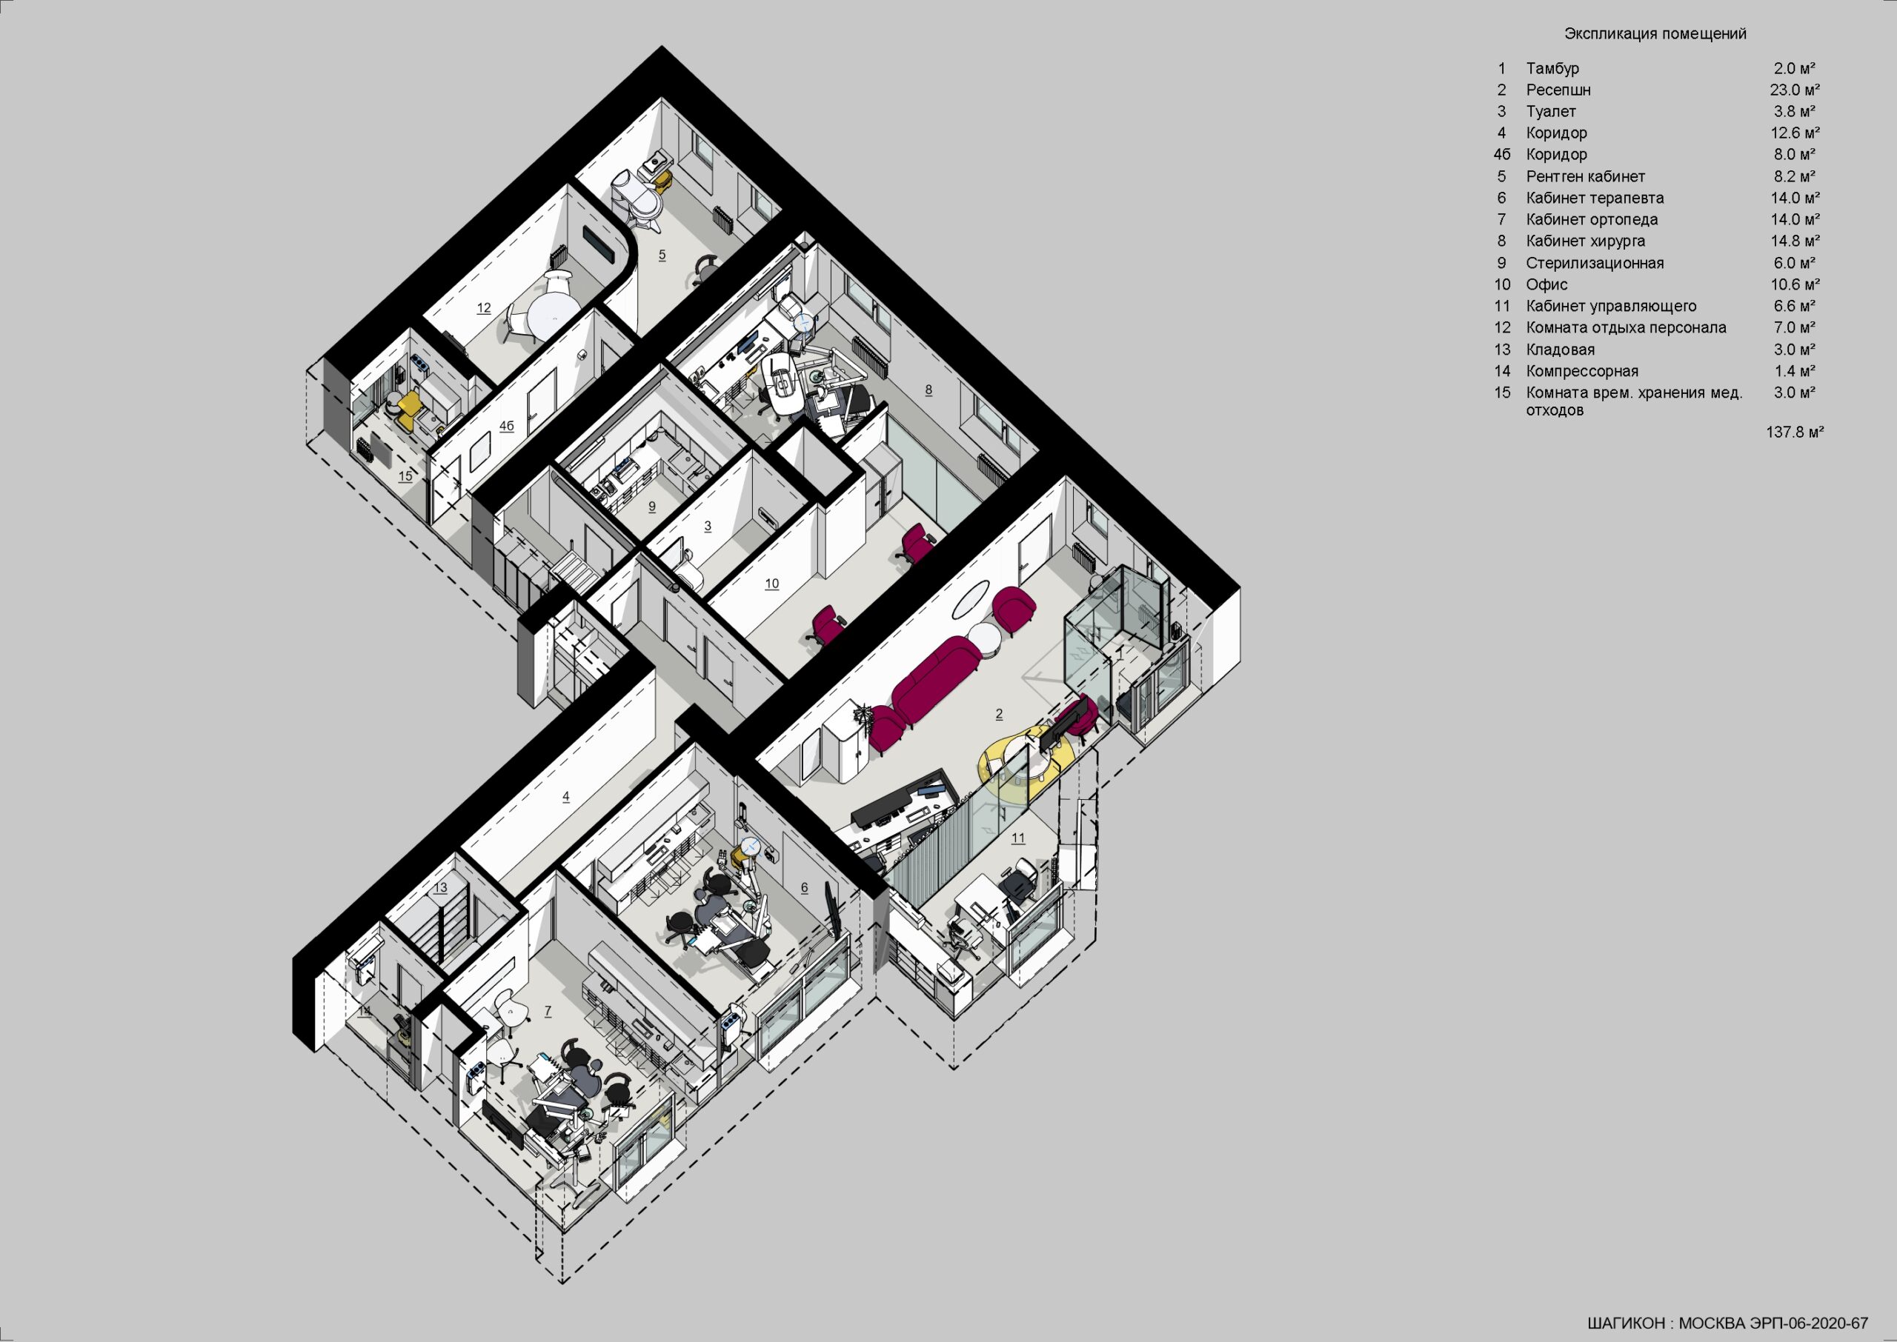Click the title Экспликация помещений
click(x=1655, y=34)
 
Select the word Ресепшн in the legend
click(x=1558, y=90)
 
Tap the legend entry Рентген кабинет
click(x=1585, y=177)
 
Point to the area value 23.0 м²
click(x=1795, y=90)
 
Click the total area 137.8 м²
click(x=1795, y=433)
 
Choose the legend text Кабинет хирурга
click(x=1585, y=241)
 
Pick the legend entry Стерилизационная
click(x=1595, y=264)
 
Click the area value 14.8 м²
click(x=1795, y=241)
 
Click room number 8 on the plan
click(x=928, y=390)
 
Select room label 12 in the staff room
click(x=484, y=308)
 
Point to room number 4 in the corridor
click(x=565, y=797)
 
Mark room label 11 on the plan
click(x=1017, y=838)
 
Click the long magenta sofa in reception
click(x=936, y=678)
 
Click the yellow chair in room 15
click(x=408, y=408)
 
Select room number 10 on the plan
click(x=771, y=584)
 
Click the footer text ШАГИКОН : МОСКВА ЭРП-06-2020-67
click(x=1727, y=1323)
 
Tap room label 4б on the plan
click(x=507, y=427)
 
